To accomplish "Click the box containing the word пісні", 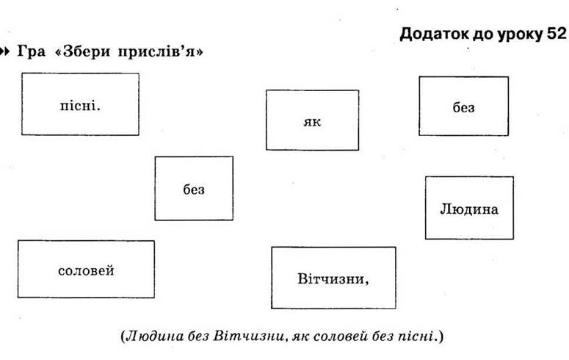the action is click(x=80, y=104).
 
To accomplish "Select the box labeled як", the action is click(x=313, y=120).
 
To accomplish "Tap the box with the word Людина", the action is click(x=469, y=208).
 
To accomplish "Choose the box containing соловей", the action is click(x=86, y=269).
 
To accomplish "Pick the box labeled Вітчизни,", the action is click(x=333, y=278).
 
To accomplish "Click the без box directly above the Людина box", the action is click(x=464, y=106).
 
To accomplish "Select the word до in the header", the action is click(x=483, y=35).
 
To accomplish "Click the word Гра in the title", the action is click(x=32, y=51).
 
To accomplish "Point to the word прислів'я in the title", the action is click(x=157, y=51).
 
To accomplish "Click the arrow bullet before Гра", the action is click(x=4, y=51).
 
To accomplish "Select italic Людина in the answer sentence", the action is click(x=155, y=336).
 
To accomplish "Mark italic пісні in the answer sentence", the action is click(x=415, y=336).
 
